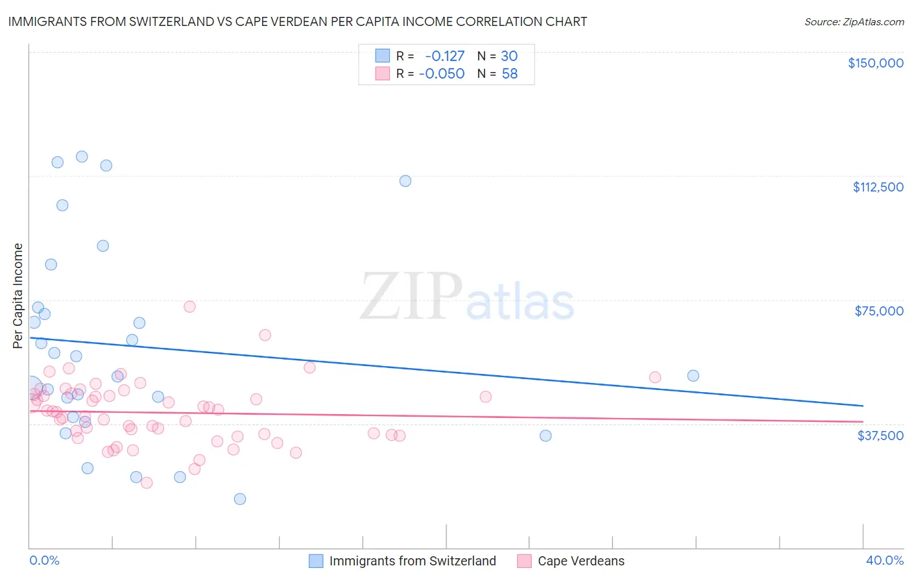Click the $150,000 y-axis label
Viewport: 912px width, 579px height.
(x=875, y=63)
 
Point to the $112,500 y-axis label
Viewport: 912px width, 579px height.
(x=878, y=187)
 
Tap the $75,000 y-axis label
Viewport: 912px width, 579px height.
(x=879, y=311)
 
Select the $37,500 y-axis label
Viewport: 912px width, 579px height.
(x=880, y=436)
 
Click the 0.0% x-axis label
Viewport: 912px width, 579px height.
(x=44, y=560)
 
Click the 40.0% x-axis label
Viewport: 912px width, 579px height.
(x=884, y=560)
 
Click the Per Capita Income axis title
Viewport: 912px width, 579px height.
(x=18, y=295)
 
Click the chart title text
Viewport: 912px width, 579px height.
(x=298, y=21)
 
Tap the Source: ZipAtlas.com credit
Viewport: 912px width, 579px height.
(x=854, y=22)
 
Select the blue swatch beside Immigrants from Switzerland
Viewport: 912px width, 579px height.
(x=316, y=561)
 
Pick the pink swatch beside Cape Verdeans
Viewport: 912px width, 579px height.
(x=524, y=561)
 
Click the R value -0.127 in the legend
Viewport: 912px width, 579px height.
(x=445, y=56)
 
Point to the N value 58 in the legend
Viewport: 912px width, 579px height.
(x=510, y=74)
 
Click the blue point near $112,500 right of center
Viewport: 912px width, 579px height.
(x=405, y=181)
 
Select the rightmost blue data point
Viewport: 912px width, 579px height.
(x=693, y=376)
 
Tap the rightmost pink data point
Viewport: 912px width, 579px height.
(x=655, y=377)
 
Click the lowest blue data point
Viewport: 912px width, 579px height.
(x=240, y=499)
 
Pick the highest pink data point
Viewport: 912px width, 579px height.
(x=189, y=306)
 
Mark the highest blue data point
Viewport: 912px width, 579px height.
(x=82, y=156)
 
